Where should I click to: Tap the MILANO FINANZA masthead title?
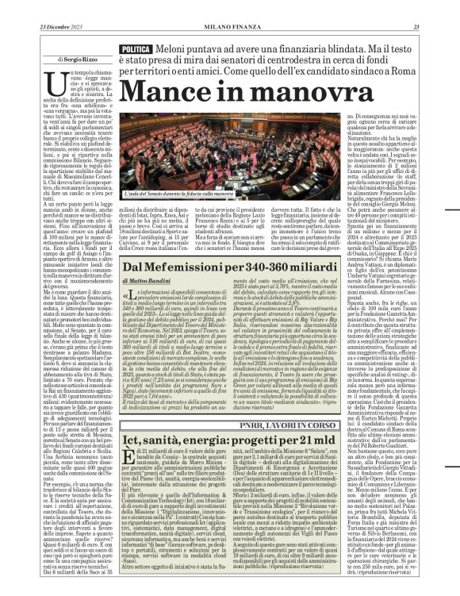(230, 7)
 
